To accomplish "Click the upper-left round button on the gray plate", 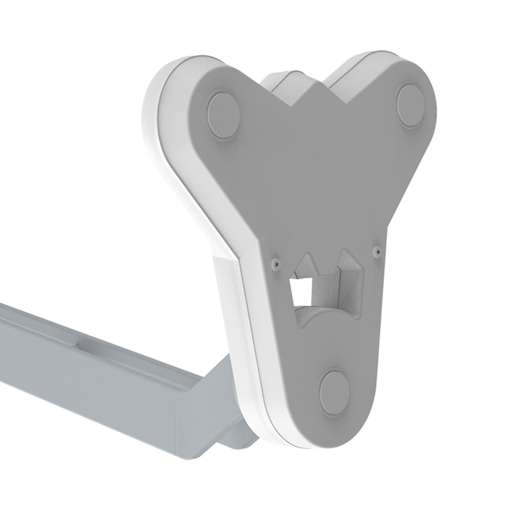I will click(x=223, y=114).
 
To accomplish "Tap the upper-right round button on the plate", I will click(x=411, y=106).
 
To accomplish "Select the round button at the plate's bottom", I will click(x=335, y=392).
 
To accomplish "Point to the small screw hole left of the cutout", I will click(x=276, y=263).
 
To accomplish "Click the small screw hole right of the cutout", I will click(x=377, y=251).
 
